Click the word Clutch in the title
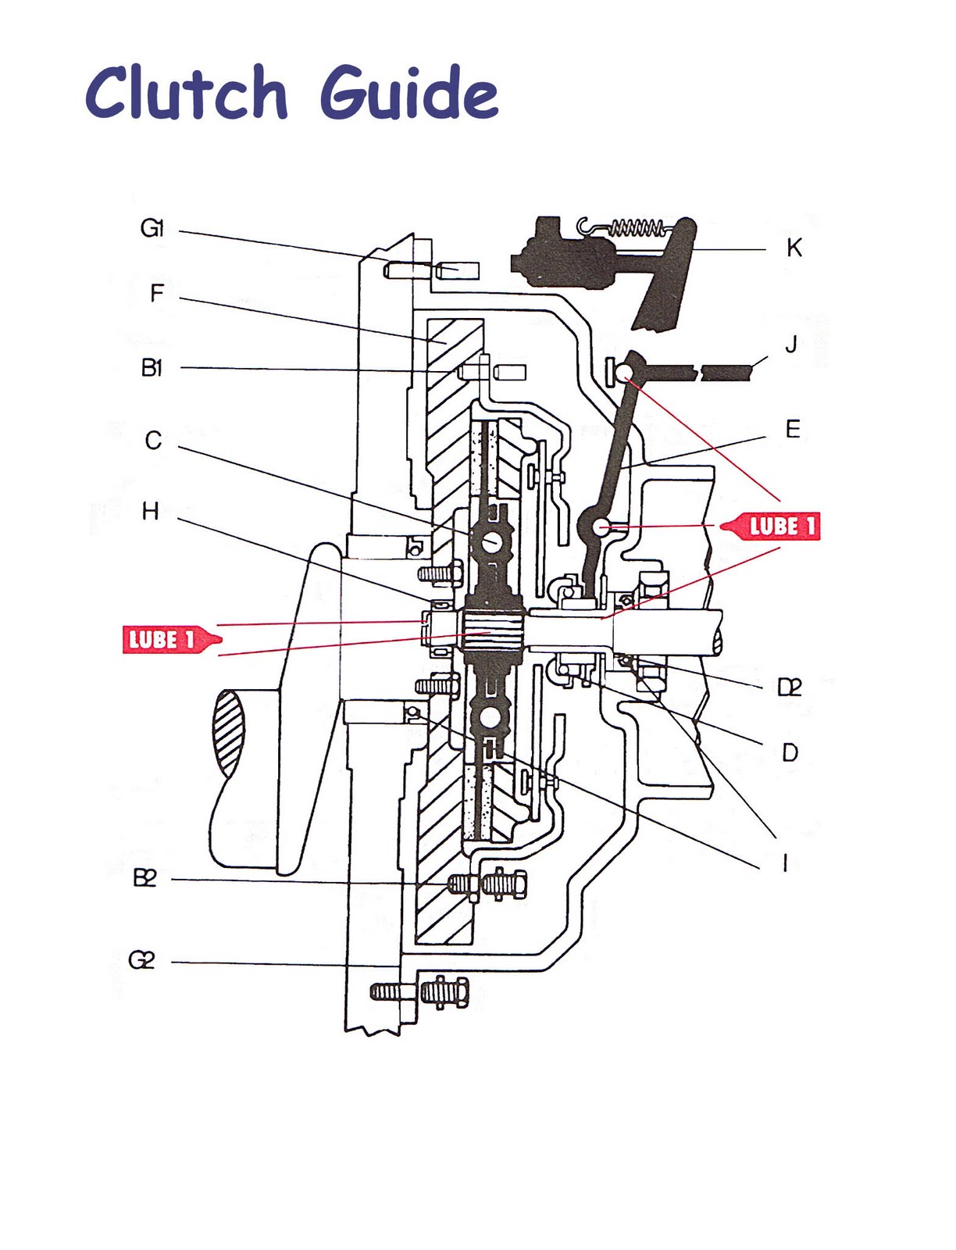click(186, 93)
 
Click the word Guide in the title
click(408, 93)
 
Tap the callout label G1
click(152, 228)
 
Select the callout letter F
click(157, 294)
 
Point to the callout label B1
click(152, 367)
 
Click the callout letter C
click(153, 441)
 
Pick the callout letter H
click(151, 512)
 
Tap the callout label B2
click(144, 878)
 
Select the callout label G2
click(141, 959)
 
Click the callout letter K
click(794, 248)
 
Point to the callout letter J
click(790, 344)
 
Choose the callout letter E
click(793, 429)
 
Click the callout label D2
click(790, 687)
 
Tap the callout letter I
click(785, 862)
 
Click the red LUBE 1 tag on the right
click(773, 526)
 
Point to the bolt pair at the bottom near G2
click(420, 992)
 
